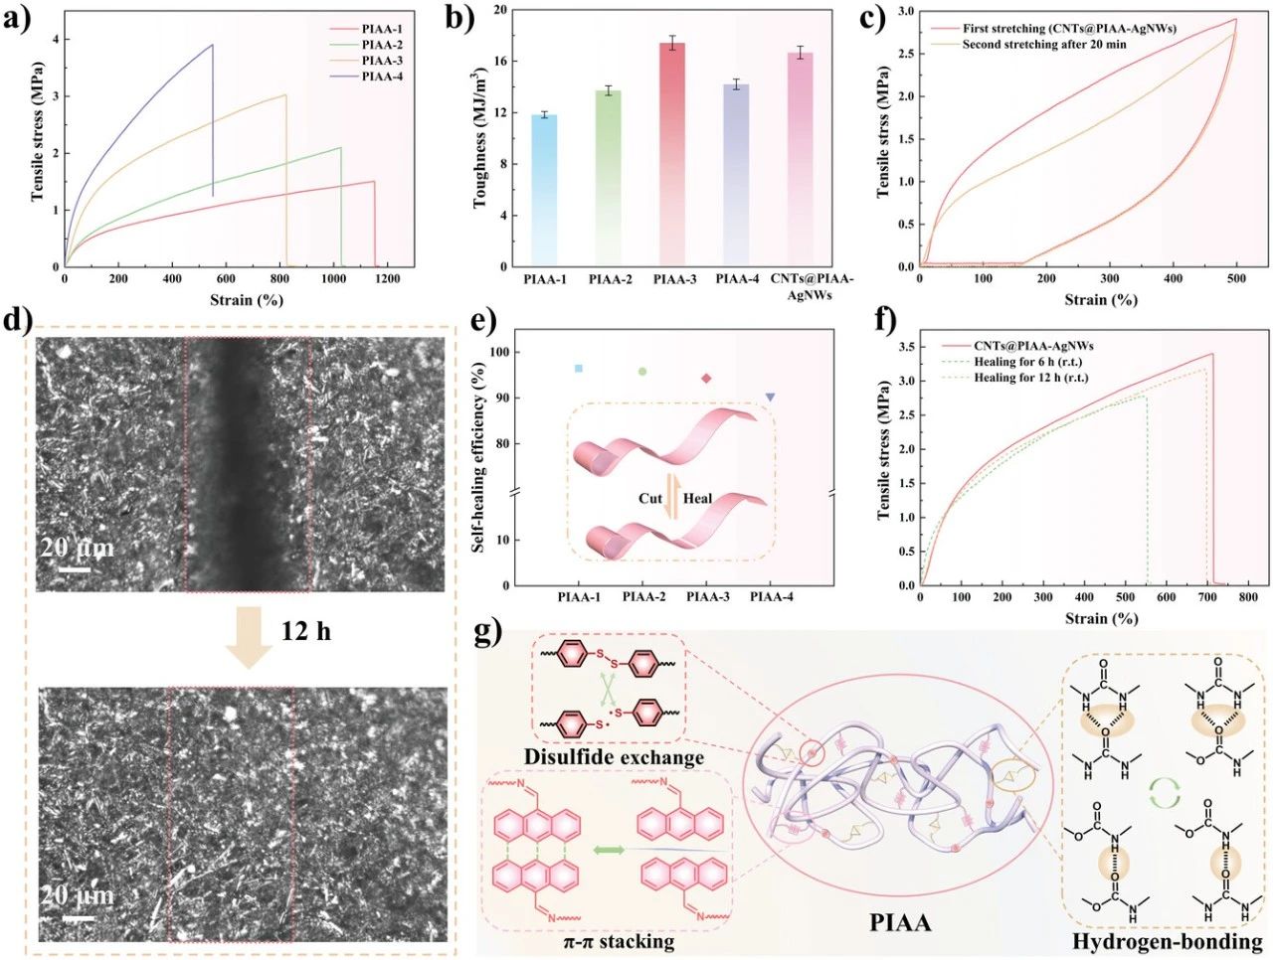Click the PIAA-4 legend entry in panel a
coord(382,77)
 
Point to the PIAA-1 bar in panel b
coord(544,189)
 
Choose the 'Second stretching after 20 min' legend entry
coord(1043,45)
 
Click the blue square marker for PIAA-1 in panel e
coord(579,369)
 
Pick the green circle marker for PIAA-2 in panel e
coord(642,372)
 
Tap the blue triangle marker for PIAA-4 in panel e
coord(770,398)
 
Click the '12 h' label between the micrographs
coord(305,630)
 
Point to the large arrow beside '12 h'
coord(248,641)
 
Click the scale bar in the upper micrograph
coord(73,569)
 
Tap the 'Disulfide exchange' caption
coord(614,757)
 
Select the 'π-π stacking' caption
coord(615,940)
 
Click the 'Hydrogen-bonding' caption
coord(1168,941)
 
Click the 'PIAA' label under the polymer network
coord(900,922)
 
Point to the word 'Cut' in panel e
coord(650,498)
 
